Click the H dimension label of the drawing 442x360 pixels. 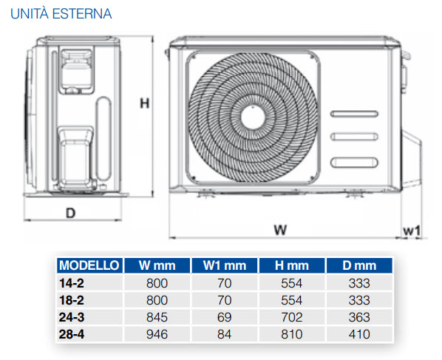pyautogui.click(x=145, y=104)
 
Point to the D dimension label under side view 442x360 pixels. pyautogui.click(x=70, y=213)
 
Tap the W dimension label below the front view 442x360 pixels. pyautogui.click(x=279, y=230)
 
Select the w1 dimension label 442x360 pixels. pyautogui.click(x=412, y=231)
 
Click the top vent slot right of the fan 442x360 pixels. pyautogui.click(x=355, y=114)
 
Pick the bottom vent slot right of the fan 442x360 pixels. pyautogui.click(x=355, y=162)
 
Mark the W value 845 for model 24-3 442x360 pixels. pyautogui.click(x=157, y=317)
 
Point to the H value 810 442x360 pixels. pyautogui.click(x=293, y=334)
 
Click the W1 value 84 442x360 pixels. pyautogui.click(x=225, y=334)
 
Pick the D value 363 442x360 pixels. pyautogui.click(x=361, y=317)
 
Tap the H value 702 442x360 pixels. pyautogui.click(x=293, y=317)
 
